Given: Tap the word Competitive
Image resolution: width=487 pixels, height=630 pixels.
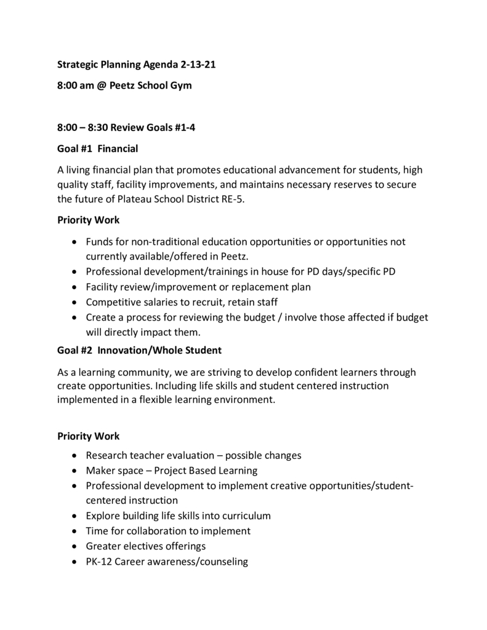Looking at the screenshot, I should pos(113,301).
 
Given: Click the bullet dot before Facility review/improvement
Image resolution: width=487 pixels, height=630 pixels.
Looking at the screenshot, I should pos(74,287).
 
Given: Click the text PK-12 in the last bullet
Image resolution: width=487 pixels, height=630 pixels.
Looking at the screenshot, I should pos(99,561).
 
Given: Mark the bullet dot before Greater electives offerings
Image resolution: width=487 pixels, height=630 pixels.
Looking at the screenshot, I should pos(74,546).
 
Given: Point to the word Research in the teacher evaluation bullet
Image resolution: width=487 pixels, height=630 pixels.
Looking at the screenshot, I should pos(107,455).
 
